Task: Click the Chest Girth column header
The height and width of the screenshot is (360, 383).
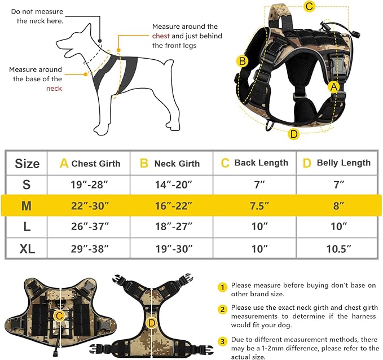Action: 90,163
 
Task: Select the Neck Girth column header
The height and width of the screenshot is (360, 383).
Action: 170,163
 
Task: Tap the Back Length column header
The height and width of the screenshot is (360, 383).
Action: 254,163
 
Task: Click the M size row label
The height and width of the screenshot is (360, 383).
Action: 26,206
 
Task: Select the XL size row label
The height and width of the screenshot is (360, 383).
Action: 26,248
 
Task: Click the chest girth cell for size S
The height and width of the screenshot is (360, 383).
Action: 89,185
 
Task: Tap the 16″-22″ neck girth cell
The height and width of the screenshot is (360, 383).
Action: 172,206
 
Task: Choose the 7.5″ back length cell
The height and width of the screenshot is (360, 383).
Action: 254,206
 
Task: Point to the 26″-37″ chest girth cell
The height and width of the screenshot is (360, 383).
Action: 89,227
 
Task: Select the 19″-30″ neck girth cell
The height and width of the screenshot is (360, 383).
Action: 172,248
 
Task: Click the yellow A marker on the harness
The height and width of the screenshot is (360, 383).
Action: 334,86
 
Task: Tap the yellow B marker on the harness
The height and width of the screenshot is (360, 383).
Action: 242,62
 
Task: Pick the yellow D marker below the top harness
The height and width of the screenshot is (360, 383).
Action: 293,134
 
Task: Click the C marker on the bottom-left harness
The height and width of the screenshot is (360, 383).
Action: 59,314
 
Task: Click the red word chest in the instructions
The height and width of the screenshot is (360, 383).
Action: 160,36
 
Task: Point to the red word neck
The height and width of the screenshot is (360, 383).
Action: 54,89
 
